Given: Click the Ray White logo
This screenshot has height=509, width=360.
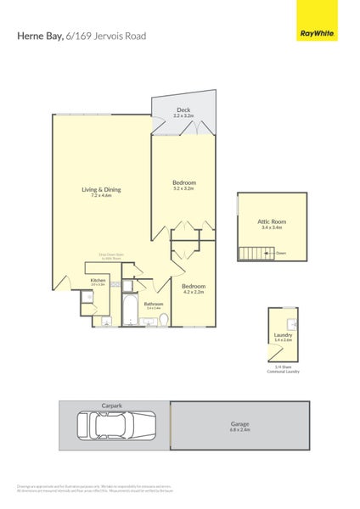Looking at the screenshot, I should (316, 34).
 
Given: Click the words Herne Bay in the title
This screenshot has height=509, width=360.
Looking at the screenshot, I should (40, 36).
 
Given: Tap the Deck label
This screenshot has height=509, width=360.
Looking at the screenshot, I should (183, 109).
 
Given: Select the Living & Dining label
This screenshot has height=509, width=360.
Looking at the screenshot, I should (101, 189).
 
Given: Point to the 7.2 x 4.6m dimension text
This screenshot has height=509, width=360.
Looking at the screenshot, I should (101, 196).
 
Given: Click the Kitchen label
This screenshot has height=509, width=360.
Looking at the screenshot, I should (98, 280).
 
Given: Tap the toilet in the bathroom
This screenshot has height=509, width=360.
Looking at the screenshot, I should (165, 318).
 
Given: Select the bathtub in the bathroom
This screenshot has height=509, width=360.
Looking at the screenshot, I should (130, 312).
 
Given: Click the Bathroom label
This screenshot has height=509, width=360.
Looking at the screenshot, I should (154, 303).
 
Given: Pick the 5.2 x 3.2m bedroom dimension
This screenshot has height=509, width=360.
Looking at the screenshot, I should (184, 188).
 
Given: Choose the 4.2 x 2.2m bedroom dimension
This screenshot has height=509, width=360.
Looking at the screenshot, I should (194, 292).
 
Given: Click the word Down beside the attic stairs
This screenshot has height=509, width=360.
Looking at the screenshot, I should (280, 252).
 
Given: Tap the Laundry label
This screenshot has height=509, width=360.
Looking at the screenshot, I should (284, 335).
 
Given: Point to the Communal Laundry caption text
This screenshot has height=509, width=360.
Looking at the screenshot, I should (284, 371).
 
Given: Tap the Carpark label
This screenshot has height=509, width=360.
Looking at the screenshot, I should (112, 406).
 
